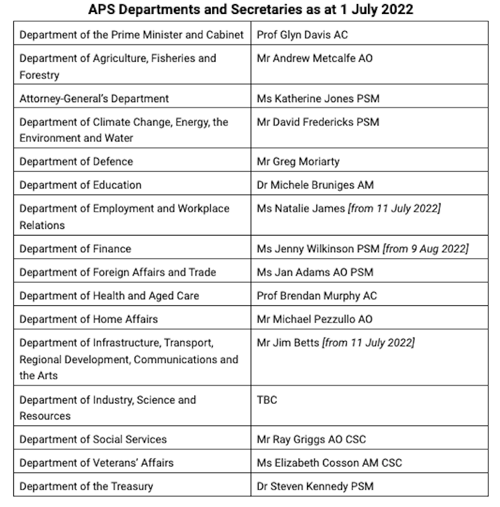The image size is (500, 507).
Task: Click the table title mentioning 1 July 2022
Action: click(249, 10)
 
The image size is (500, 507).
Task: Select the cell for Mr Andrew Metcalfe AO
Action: click(314, 58)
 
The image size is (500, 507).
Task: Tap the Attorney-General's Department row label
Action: click(94, 98)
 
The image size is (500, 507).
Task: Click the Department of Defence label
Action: click(76, 161)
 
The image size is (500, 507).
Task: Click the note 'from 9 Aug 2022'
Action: click(425, 249)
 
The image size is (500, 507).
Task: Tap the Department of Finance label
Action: click(76, 249)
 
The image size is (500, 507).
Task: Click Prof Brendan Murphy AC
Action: click(316, 295)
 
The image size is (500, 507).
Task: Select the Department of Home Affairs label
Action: click(89, 319)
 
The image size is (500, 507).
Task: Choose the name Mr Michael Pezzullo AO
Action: click(314, 319)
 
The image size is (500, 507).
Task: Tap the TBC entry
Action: click(267, 400)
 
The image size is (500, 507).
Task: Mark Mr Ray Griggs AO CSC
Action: click(311, 439)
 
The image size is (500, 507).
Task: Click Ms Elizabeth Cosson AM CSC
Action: click(329, 463)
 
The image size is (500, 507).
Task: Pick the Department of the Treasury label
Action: click(86, 486)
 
